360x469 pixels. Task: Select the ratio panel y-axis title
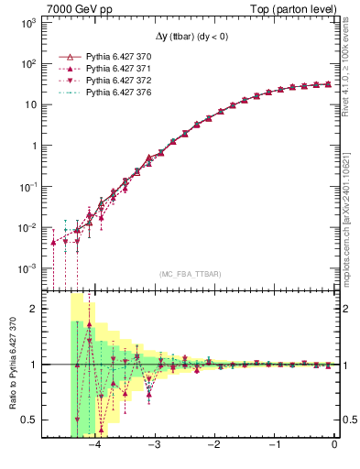[14, 365]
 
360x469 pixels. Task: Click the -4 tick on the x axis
[94, 445]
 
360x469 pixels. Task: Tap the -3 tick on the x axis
[154, 445]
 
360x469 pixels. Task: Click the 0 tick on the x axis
[334, 445]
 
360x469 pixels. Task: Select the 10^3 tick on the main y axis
[27, 23]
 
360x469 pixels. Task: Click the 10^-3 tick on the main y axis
[27, 268]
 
